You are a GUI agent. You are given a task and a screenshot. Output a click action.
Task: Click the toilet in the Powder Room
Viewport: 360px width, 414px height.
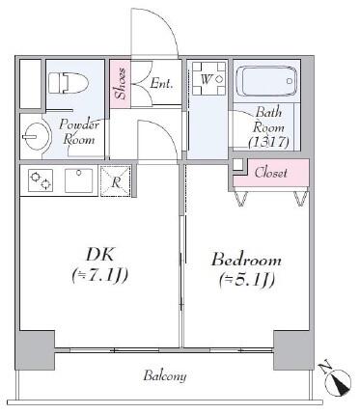[x=69, y=83]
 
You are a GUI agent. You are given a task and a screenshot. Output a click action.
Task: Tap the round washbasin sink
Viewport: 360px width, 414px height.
[x=37, y=136]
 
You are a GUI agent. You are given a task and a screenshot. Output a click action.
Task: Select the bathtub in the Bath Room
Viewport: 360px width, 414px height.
[x=266, y=81]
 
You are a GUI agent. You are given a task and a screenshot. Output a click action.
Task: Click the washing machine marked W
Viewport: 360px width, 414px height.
[x=209, y=78]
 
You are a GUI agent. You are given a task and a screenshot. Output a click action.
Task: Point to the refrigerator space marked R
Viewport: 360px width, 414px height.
[x=116, y=181]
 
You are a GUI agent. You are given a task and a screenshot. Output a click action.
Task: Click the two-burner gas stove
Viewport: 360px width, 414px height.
[x=41, y=180]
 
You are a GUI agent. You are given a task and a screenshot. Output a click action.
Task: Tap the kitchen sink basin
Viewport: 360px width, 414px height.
[x=79, y=180]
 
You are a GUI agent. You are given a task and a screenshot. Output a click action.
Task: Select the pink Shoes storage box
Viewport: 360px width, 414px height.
[x=121, y=84]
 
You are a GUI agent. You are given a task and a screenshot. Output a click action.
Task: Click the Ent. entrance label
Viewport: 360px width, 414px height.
[x=161, y=84]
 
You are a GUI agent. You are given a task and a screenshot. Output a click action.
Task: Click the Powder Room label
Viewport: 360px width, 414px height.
[x=79, y=132]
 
